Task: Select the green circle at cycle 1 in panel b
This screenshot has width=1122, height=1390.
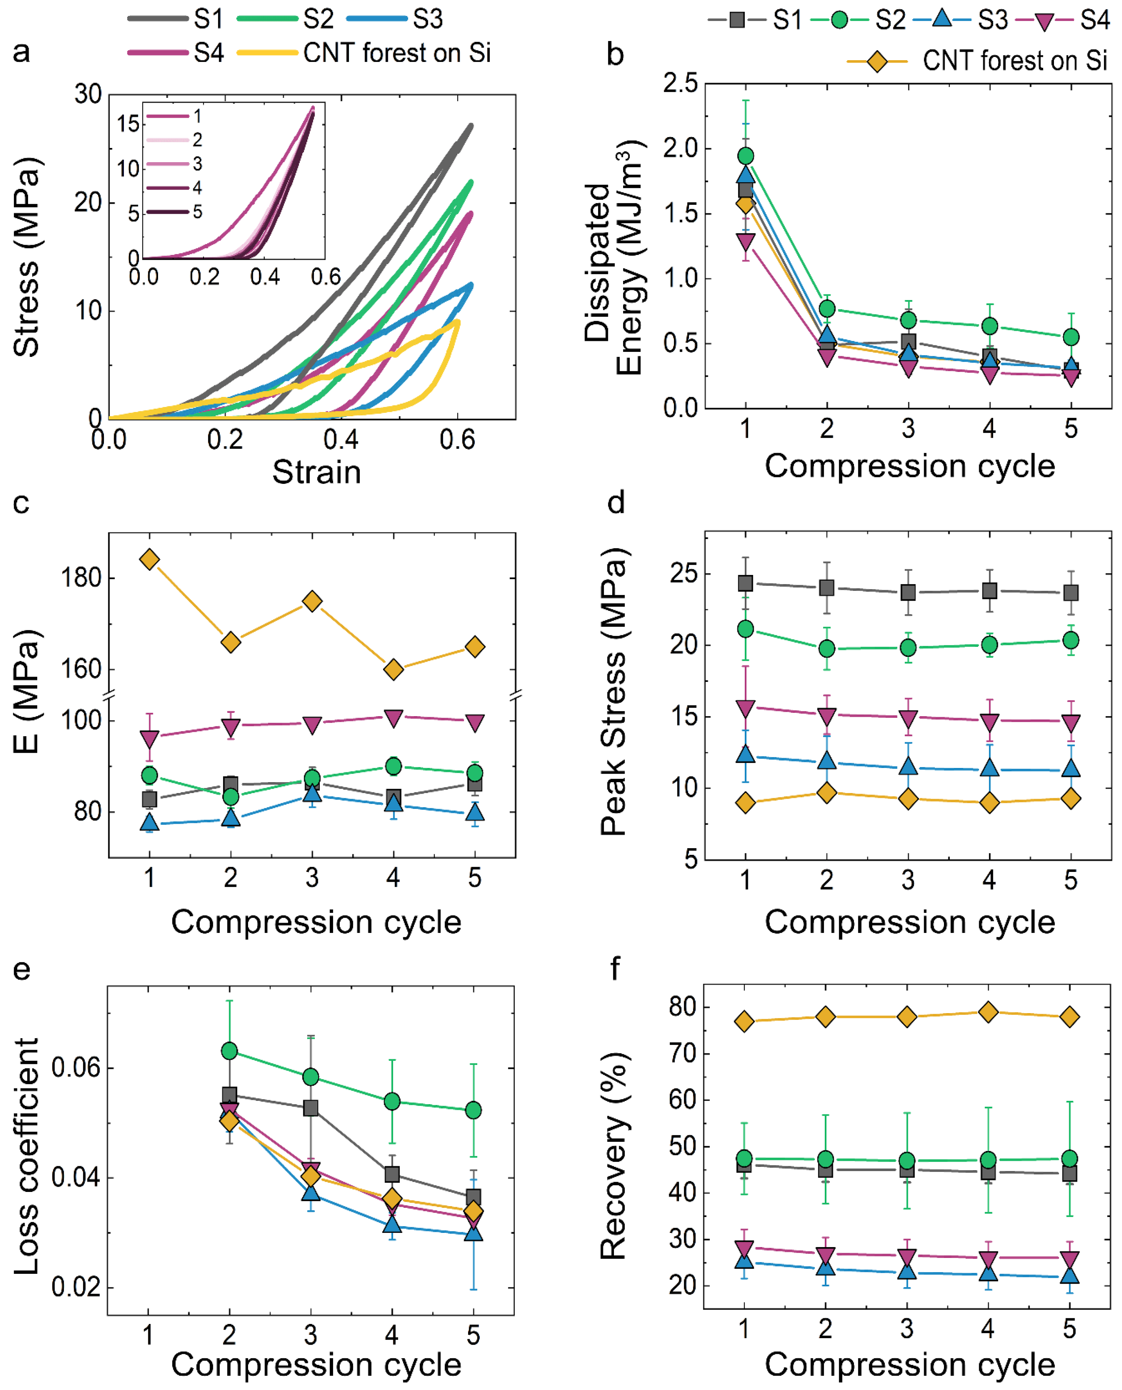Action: click(746, 156)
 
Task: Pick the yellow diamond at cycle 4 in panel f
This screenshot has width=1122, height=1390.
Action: click(988, 1012)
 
